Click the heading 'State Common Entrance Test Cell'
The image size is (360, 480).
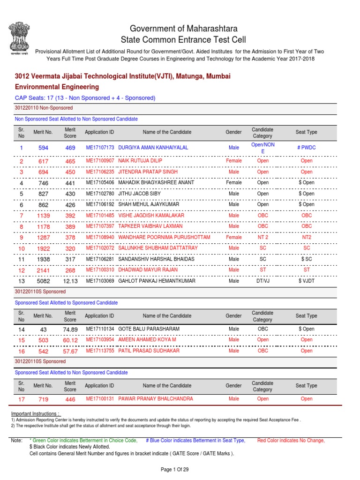(x=183, y=40)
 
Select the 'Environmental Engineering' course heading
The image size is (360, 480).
(x=57, y=87)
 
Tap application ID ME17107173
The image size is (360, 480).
(x=100, y=148)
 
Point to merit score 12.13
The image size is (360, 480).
(x=70, y=281)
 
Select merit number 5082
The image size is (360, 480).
(x=43, y=281)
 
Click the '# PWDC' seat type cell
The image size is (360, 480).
(x=306, y=148)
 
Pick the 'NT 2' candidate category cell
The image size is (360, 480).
(x=262, y=237)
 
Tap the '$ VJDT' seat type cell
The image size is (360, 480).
(x=306, y=281)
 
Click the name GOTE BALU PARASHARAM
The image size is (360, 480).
(x=149, y=329)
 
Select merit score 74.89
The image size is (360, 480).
(x=70, y=330)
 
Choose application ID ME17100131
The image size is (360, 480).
(x=100, y=399)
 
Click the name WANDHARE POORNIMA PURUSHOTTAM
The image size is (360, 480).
(x=164, y=237)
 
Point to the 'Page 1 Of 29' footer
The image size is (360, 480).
(x=180, y=469)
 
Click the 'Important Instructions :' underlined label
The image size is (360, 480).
(x=35, y=414)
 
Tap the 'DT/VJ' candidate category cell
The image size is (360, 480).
(x=262, y=281)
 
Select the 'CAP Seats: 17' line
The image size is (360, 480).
(x=85, y=98)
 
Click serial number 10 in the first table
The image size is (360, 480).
(x=21, y=248)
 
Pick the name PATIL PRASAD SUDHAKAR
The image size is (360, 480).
(x=149, y=351)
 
